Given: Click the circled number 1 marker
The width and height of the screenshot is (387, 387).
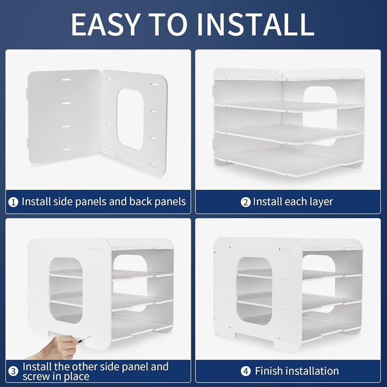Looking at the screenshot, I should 13,203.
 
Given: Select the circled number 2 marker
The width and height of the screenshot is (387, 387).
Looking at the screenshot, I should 245,203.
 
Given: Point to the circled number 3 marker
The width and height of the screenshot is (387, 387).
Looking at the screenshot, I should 13,371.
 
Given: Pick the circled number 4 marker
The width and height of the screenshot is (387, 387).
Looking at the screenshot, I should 246,371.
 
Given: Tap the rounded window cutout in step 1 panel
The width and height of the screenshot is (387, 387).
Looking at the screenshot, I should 131,119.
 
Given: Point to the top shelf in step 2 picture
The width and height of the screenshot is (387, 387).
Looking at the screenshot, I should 289,107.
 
